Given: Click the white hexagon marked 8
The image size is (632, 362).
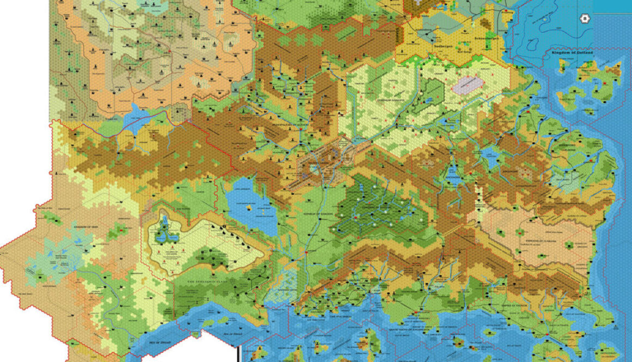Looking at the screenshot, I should [585, 18].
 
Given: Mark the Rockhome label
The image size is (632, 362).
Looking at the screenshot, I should [453, 177].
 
